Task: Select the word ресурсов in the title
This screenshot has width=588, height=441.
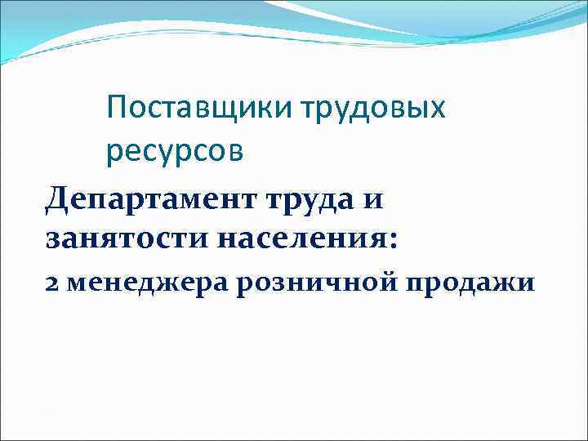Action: coord(174,152)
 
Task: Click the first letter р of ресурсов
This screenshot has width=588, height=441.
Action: coord(114,154)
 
